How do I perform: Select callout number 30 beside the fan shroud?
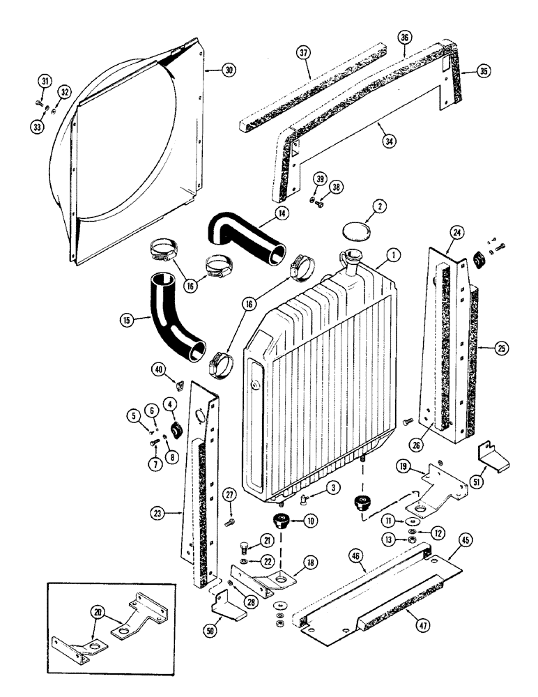[x=229, y=69]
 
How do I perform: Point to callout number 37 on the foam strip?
[x=302, y=54]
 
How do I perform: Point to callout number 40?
[x=160, y=369]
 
